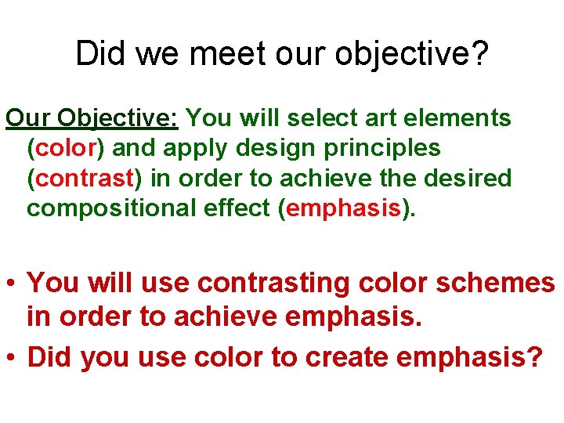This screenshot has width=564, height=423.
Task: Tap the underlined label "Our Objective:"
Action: tap(93, 118)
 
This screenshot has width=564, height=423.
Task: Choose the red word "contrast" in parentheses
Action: tap(85, 179)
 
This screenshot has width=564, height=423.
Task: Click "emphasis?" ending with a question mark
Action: tap(470, 357)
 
